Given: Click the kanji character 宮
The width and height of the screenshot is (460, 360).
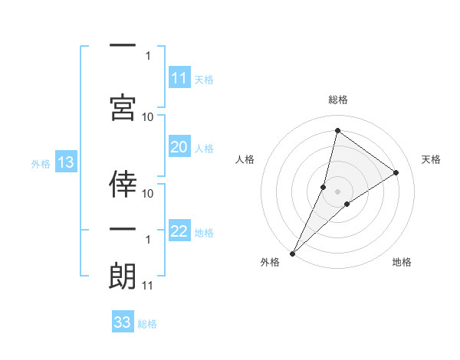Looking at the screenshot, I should [x=123, y=106].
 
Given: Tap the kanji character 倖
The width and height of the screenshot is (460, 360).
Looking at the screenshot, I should [x=123, y=182].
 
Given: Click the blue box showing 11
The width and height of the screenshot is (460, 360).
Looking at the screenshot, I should [x=179, y=78].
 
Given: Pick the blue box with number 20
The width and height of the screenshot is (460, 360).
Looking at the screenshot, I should [x=179, y=147].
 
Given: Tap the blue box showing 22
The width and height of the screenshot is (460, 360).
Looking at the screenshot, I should [x=179, y=231].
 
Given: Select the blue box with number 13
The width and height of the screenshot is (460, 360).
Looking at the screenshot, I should [x=65, y=162].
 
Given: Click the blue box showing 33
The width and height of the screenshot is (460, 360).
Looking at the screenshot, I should [x=123, y=322].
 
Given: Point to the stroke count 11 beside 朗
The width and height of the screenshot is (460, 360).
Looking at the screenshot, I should [x=148, y=286].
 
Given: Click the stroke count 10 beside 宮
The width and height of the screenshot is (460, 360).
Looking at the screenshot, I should [x=148, y=116].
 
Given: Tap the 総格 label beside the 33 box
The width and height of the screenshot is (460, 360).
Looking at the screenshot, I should [x=147, y=324].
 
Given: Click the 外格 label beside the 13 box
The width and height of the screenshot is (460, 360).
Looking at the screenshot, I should [x=40, y=163].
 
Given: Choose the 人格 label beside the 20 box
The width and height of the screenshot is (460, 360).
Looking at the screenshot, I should [x=204, y=148].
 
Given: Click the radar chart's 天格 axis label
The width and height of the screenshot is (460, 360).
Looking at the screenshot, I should [x=431, y=159].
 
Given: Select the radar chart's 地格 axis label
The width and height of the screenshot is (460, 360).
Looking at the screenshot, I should [x=402, y=262].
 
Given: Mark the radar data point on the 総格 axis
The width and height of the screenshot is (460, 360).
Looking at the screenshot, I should [x=337, y=130].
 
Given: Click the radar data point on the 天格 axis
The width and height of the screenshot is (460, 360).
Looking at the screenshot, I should [x=396, y=172].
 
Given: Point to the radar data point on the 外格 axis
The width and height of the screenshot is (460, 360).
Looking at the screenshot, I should [x=292, y=254].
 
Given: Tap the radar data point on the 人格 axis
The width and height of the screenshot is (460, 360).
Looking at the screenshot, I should [x=324, y=187].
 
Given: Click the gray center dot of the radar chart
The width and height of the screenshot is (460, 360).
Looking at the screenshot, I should [x=337, y=191].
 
